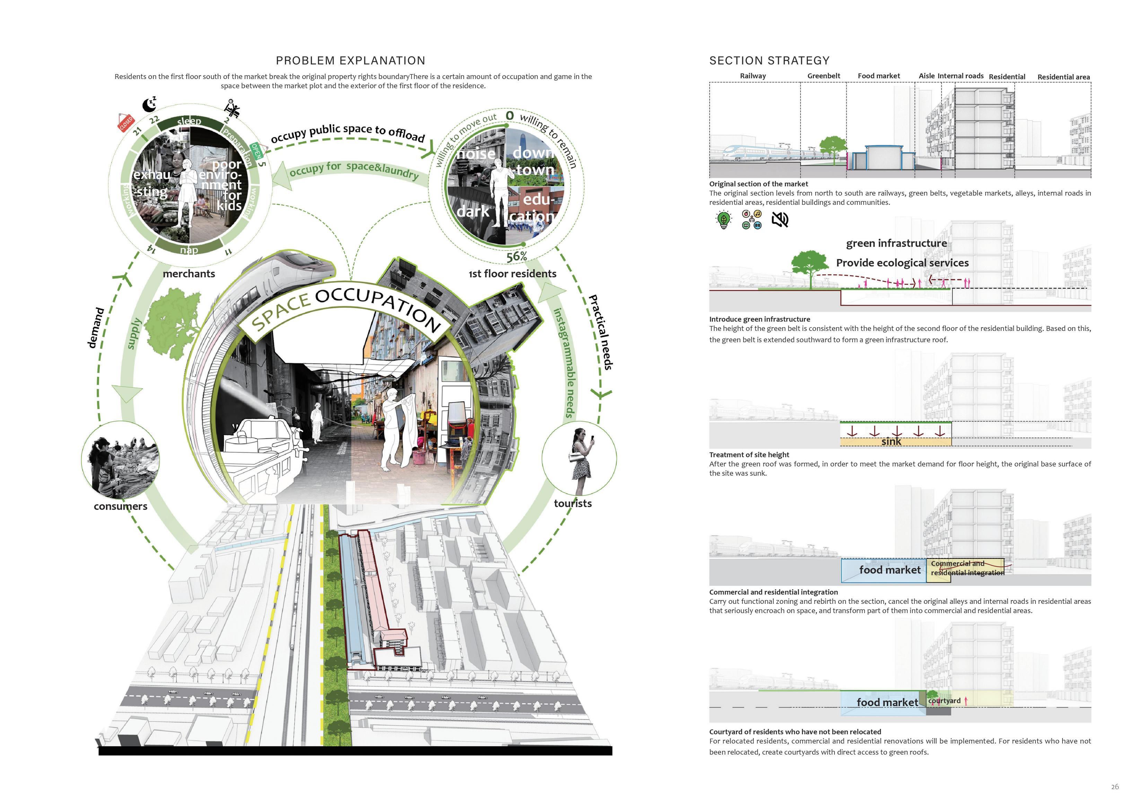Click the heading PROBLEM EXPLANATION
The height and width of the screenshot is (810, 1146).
pos(350,61)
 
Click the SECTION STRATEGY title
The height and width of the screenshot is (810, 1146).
pos(769,61)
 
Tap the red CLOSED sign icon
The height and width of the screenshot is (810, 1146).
pos(126,123)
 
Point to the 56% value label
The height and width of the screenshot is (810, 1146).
pos(517,256)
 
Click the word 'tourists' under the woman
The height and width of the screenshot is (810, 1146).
pos(572,504)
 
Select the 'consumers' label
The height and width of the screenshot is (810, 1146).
pos(120,507)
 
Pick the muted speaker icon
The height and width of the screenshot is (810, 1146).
pos(780,220)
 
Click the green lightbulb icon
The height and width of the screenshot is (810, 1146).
pos(723,220)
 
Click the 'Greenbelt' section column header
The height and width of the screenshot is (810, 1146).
pos(824,76)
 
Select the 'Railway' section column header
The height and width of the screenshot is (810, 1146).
pos(753,76)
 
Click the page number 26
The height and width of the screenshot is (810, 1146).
pos(1114,787)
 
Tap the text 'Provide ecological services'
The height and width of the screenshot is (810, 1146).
pos(902,263)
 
